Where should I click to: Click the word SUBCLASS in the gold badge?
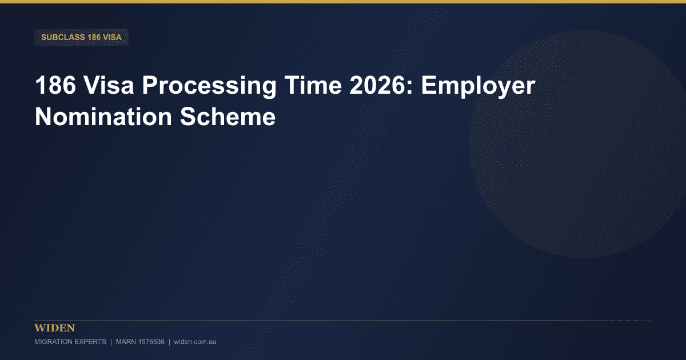[x=63, y=37]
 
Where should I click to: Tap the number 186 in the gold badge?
[x=94, y=37]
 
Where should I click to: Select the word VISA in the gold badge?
[x=113, y=37]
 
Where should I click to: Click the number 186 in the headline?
[x=55, y=85]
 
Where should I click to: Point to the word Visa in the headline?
[x=109, y=85]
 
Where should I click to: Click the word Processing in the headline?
[x=209, y=87]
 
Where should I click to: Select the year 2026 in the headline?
[x=378, y=85]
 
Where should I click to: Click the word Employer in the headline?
[x=478, y=87]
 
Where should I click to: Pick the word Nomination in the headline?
[x=103, y=117]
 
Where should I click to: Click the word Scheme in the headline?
[x=228, y=117]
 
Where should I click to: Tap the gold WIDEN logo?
[x=54, y=328]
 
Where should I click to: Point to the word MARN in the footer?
[x=126, y=342]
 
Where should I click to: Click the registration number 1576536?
[x=151, y=342]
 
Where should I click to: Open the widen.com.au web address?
[x=195, y=342]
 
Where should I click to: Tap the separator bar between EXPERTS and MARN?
[x=111, y=342]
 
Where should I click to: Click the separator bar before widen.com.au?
[x=169, y=342]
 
